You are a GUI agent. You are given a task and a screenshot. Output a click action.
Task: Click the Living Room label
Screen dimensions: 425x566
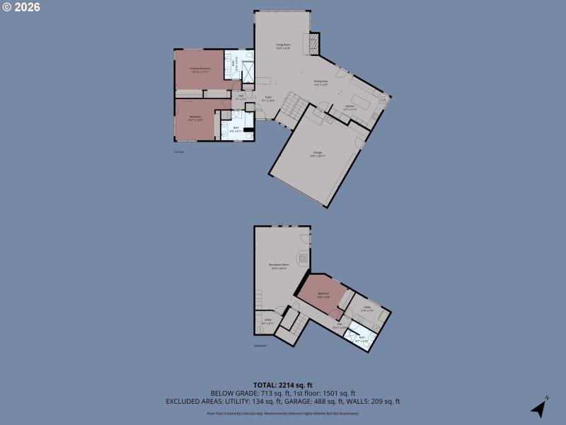pyautogui.click(x=283, y=47)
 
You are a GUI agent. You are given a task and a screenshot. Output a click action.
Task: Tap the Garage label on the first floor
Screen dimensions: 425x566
pyautogui.click(x=316, y=154)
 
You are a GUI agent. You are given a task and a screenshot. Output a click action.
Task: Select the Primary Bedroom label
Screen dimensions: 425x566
pyautogui.click(x=200, y=69)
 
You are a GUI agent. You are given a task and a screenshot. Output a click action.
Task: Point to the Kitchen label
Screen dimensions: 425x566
pyautogui.click(x=350, y=108)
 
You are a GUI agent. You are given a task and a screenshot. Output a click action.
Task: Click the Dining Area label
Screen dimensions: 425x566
pyautogui.click(x=320, y=82)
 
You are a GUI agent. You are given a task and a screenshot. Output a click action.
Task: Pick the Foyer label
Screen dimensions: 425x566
pyautogui.click(x=269, y=98)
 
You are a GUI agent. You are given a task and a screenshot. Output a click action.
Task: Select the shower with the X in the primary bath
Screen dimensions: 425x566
pyautogui.click(x=248, y=72)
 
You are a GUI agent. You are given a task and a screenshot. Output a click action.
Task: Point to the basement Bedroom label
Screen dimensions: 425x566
pyautogui.click(x=323, y=294)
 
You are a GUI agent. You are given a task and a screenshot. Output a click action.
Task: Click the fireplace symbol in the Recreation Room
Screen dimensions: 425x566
pyautogui.click(x=303, y=259)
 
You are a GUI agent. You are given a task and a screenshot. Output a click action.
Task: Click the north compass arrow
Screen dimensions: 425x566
pyautogui.click(x=540, y=408)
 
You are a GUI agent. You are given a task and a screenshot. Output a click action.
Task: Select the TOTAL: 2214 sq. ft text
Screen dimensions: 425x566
pyautogui.click(x=283, y=385)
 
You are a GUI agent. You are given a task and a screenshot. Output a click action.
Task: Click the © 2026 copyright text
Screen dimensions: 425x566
pyautogui.click(x=21, y=7)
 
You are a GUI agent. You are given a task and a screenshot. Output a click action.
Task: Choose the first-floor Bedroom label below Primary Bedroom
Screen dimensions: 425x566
pyautogui.click(x=195, y=118)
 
